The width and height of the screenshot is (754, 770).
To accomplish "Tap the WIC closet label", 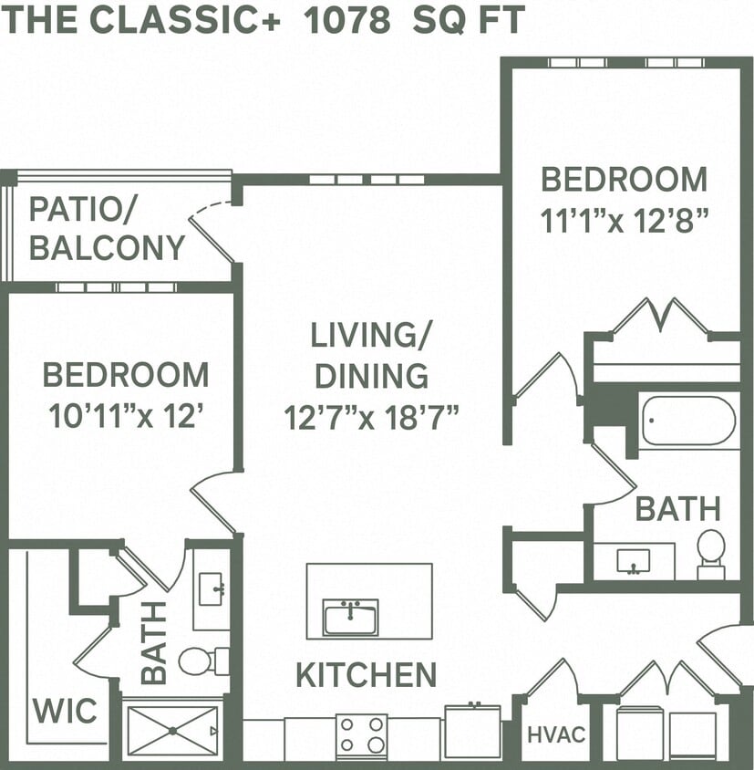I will click(66, 711).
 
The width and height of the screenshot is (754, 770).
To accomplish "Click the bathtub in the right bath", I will click(688, 421).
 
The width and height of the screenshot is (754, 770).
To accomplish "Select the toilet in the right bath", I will click(710, 553).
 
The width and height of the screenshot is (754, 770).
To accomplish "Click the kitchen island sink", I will click(350, 617).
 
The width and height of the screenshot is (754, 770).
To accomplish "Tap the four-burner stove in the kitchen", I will click(361, 734).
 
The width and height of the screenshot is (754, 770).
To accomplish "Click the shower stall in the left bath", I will click(171, 731).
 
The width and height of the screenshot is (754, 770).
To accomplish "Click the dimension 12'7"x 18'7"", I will click(370, 418).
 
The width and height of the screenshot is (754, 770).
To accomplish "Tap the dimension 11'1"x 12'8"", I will click(624, 220).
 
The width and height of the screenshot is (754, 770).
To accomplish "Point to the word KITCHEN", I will click(366, 675).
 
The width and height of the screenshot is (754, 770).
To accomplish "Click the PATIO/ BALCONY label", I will click(107, 228).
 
